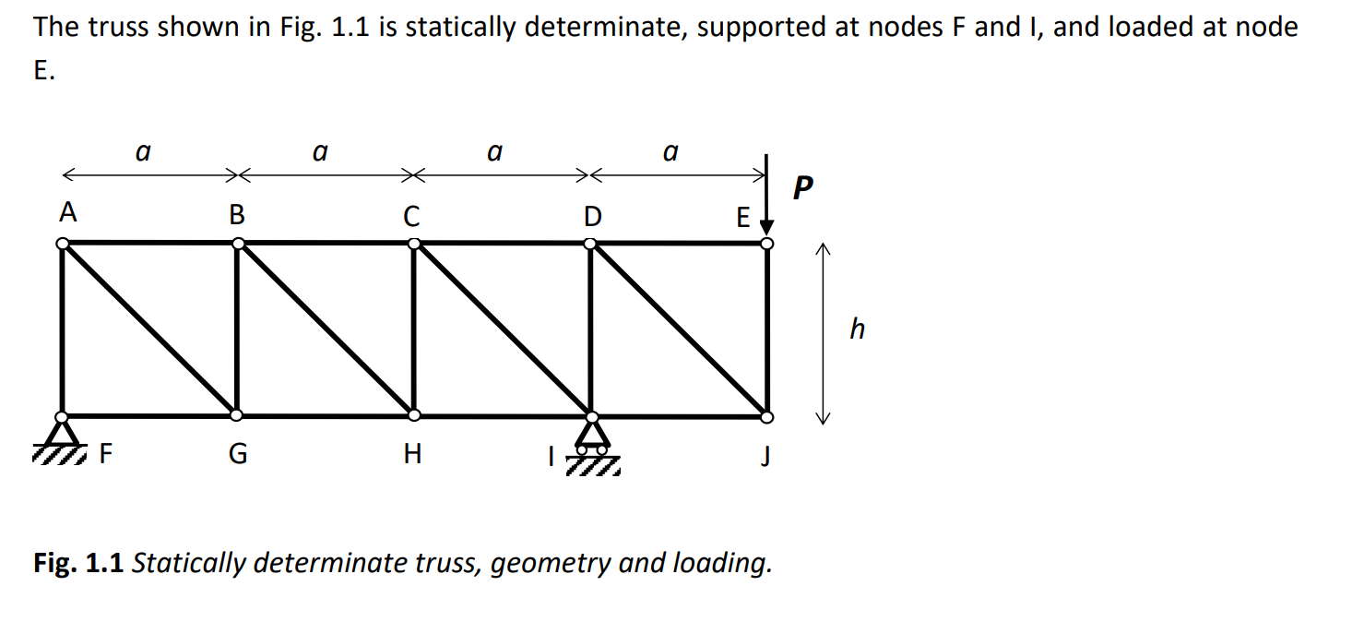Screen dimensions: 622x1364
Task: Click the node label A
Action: (x=66, y=213)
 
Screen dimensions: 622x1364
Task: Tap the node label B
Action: (x=237, y=216)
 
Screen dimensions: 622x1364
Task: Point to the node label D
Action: (x=592, y=216)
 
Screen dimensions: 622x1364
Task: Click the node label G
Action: (x=237, y=455)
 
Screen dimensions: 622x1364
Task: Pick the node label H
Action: (x=412, y=455)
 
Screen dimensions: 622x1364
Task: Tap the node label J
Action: (x=765, y=456)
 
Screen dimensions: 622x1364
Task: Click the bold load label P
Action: (x=803, y=189)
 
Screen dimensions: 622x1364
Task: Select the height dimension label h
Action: (x=857, y=328)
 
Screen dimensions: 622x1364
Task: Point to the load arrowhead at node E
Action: (x=767, y=227)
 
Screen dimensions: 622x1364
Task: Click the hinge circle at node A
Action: (x=62, y=244)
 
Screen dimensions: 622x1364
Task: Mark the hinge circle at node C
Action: (x=414, y=244)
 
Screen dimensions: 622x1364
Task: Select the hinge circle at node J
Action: (x=767, y=417)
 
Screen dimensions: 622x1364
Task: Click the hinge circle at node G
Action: (x=237, y=416)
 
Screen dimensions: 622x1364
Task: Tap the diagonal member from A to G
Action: (x=149, y=329)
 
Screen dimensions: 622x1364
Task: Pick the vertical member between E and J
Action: (x=767, y=329)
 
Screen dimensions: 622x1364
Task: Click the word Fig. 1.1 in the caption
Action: (x=78, y=562)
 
